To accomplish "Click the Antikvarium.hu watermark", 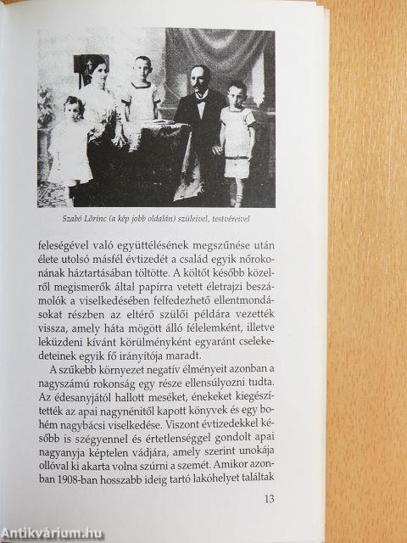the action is click(55, 532).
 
